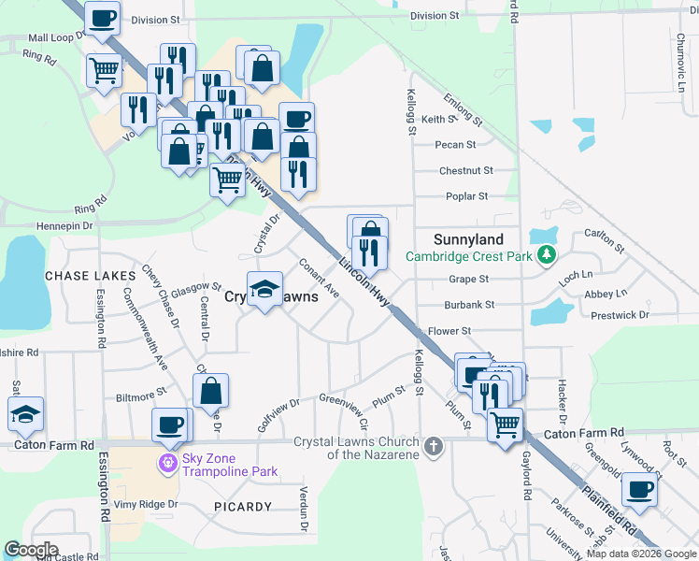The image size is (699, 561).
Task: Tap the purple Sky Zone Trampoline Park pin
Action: [167, 462]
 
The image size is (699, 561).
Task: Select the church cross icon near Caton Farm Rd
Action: [432, 447]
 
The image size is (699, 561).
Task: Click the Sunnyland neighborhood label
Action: [468, 239]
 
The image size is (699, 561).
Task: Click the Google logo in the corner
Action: [31, 550]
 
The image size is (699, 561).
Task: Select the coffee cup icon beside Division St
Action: [102, 17]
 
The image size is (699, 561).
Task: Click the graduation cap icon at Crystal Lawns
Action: [265, 289]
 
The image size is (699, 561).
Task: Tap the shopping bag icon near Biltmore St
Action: [212, 390]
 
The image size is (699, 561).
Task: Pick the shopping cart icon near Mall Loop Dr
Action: [104, 69]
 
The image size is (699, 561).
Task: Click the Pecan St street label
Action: [456, 145]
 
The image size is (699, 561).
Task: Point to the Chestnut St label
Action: [465, 171]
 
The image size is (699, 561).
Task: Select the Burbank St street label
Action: [469, 305]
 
